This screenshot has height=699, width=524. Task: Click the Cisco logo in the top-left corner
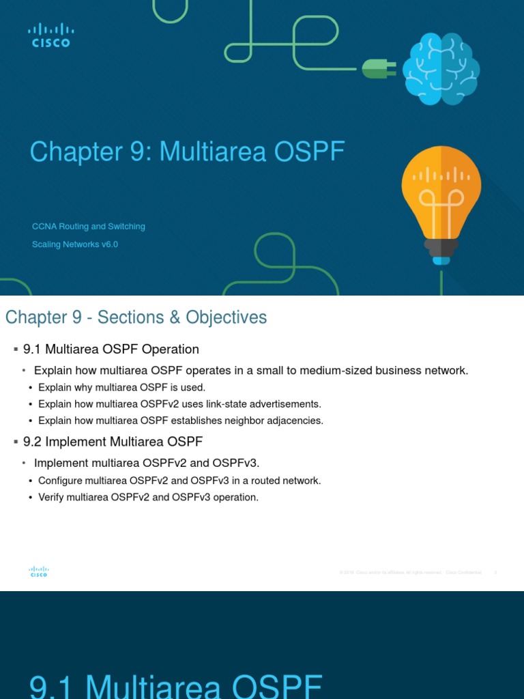(x=51, y=35)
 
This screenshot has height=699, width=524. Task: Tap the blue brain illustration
(x=441, y=69)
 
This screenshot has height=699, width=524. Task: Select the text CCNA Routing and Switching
(x=89, y=227)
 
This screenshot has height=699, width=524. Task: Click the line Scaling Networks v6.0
(x=75, y=244)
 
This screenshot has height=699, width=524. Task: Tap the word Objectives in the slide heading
(x=226, y=317)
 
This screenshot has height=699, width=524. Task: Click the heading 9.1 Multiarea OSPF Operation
(x=111, y=349)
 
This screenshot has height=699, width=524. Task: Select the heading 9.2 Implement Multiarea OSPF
(x=113, y=442)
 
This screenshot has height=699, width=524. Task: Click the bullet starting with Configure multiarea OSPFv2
(x=179, y=481)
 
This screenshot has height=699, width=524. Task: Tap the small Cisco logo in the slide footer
(x=39, y=572)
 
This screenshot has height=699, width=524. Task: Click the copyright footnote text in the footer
(x=410, y=572)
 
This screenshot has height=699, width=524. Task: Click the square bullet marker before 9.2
(x=15, y=442)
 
